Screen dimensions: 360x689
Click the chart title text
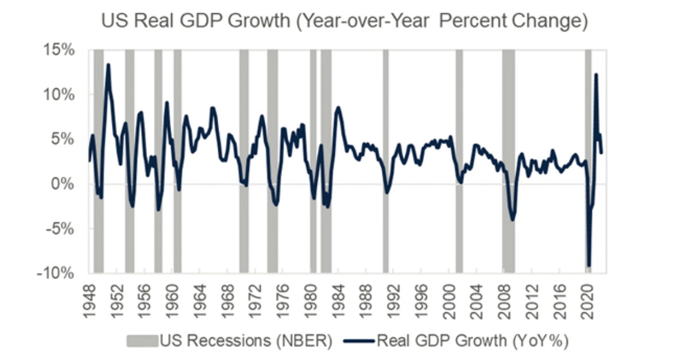(x=344, y=21)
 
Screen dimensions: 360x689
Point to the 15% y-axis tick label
(x=60, y=50)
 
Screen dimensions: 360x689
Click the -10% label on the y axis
(x=57, y=273)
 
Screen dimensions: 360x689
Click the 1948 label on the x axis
(x=90, y=299)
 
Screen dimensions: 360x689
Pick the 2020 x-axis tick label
(x=587, y=299)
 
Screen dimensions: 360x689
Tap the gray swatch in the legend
(x=142, y=340)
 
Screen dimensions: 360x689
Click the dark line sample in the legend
(x=360, y=340)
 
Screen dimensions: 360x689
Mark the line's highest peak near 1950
(x=108, y=65)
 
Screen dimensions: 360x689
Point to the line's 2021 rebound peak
(x=596, y=74)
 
